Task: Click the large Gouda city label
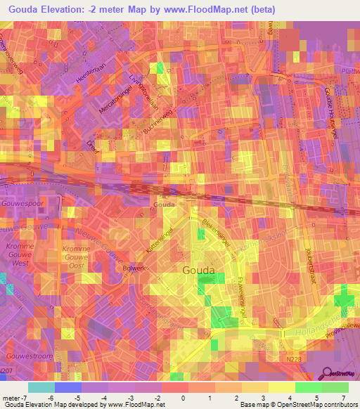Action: coord(198,270)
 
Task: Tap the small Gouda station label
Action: coord(164,204)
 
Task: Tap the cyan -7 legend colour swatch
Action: coord(41,387)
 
